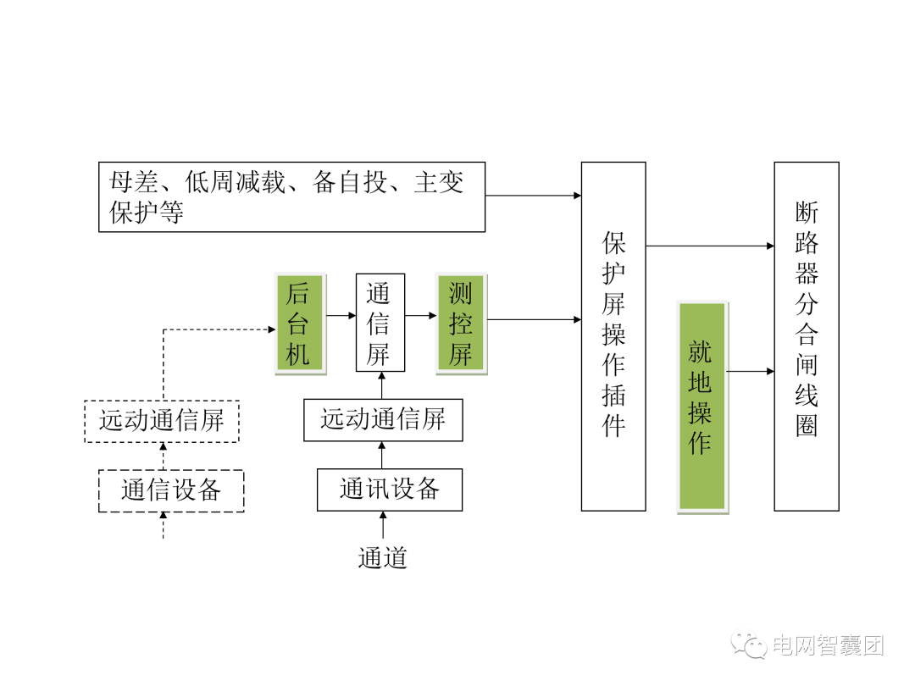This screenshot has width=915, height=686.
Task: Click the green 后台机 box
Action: coord(299,324)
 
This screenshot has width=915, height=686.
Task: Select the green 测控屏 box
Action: coord(460,324)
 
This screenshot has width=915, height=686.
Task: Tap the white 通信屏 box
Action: coord(380,323)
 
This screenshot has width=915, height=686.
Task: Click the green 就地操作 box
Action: coord(701,407)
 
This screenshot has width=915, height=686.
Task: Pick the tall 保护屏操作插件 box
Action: coord(613,336)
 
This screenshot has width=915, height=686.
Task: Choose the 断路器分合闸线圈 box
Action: coord(807,336)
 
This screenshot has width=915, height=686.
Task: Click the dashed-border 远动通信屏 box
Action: coord(162,421)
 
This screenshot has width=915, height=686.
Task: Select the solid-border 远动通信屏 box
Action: coord(383,420)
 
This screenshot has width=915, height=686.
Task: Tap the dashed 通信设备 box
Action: coord(171,491)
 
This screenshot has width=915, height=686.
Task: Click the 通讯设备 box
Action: coord(390,490)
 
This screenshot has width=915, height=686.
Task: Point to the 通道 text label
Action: coord(383,557)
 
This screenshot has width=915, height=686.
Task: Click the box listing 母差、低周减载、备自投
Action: coord(291,196)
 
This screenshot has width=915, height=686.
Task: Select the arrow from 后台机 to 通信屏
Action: coord(340,315)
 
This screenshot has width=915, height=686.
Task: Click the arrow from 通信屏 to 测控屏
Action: coord(420,315)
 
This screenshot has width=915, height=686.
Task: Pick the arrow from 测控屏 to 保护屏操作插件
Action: coord(534,319)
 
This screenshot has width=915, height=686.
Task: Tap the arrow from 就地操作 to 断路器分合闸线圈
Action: coord(751,371)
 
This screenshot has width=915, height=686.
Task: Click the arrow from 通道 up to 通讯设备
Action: coord(382,525)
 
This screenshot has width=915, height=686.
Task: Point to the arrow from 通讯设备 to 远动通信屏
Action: coord(382,455)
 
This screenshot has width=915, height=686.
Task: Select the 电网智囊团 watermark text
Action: coord(827,645)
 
